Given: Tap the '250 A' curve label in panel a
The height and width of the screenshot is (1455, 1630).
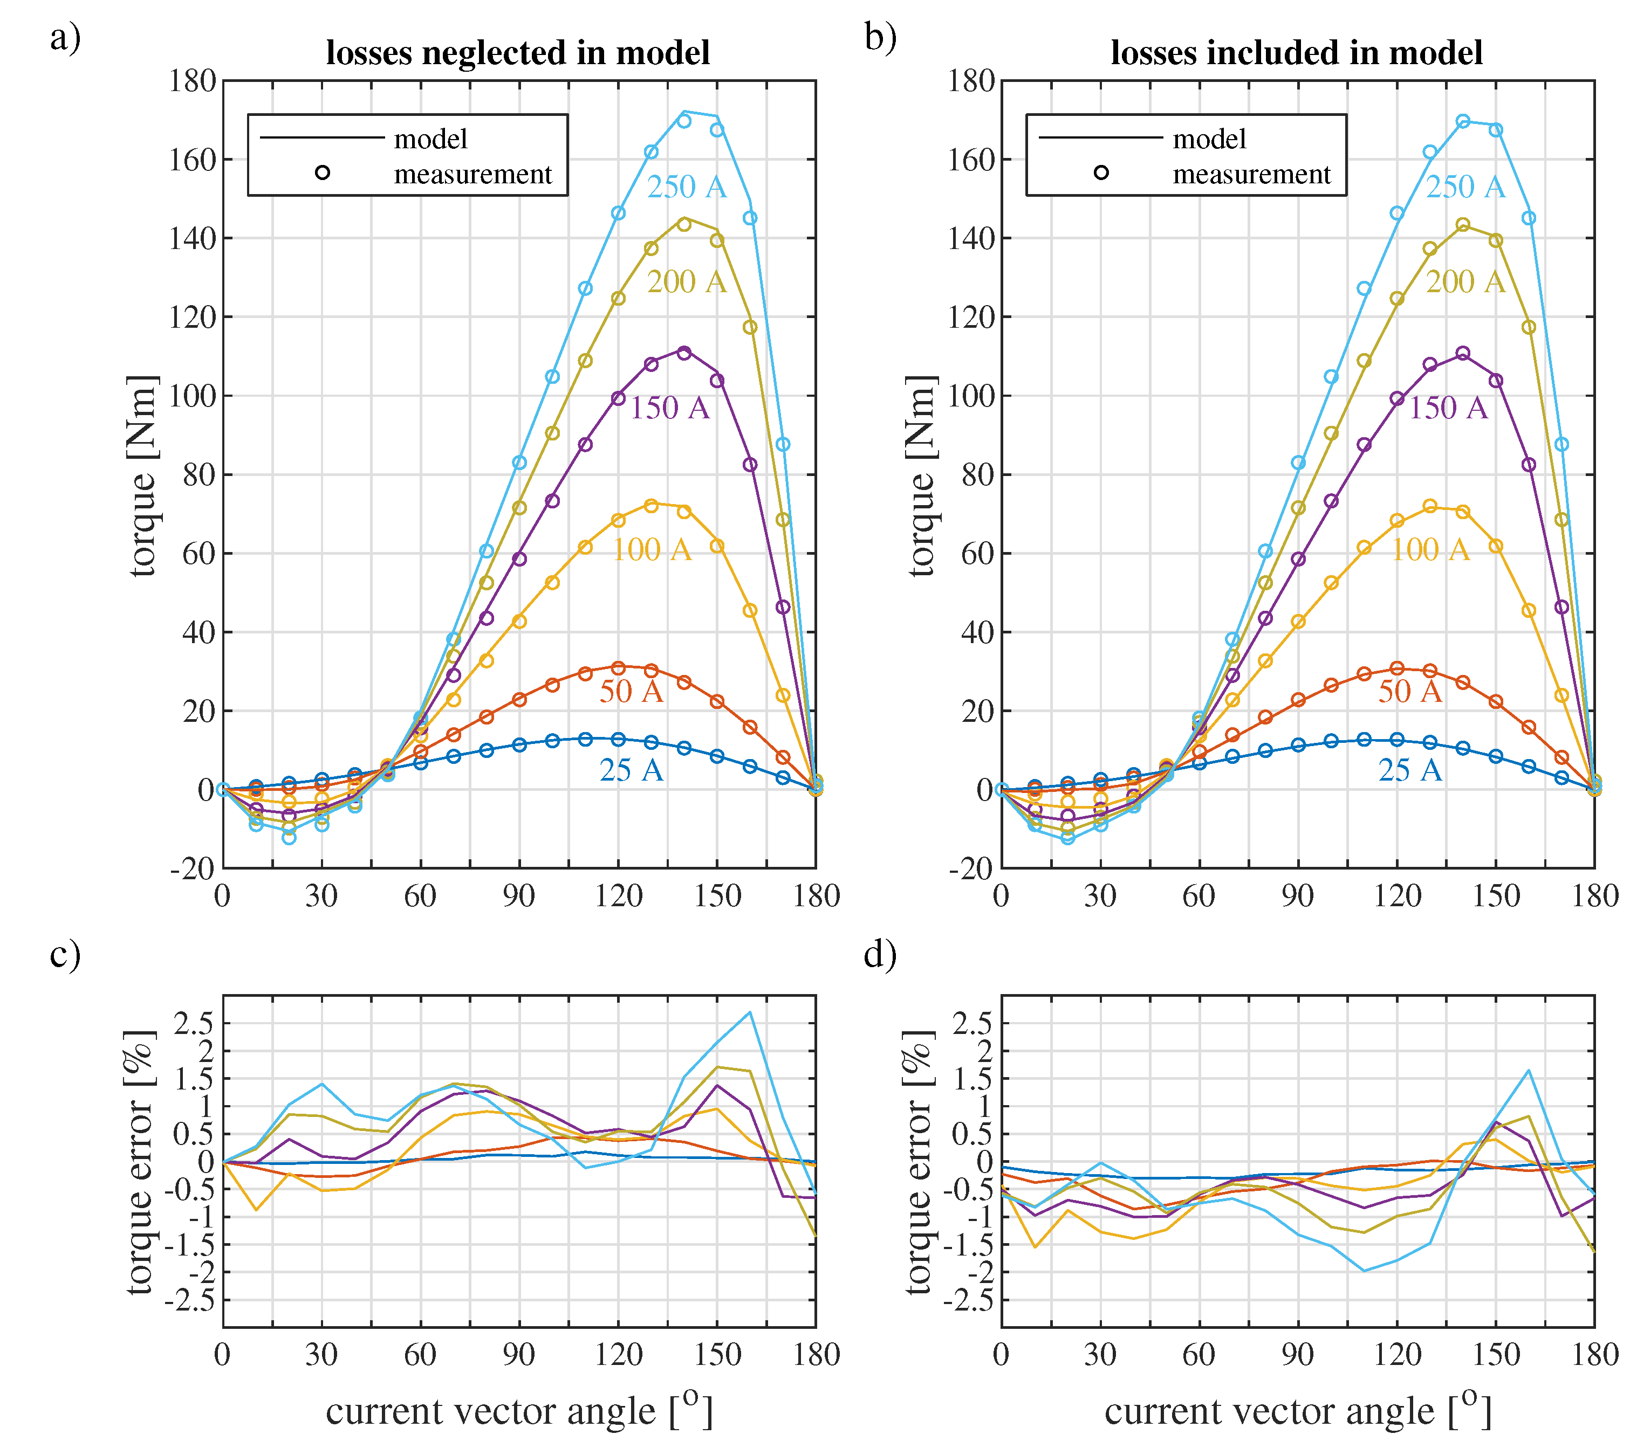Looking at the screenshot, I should [x=686, y=187].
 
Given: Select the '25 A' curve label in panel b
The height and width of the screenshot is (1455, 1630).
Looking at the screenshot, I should [x=1409, y=770].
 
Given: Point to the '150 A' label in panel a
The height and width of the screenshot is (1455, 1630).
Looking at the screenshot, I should [x=669, y=408].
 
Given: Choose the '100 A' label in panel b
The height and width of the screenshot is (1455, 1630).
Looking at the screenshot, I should [x=1430, y=550].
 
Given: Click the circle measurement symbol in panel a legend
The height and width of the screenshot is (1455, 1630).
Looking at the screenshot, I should [x=323, y=173].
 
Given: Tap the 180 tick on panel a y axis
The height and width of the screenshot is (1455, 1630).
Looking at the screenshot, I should [x=192, y=81].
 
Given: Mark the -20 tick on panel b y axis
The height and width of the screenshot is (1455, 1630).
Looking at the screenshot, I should [x=970, y=868].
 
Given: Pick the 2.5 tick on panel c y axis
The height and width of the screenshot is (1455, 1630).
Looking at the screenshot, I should [x=194, y=1023].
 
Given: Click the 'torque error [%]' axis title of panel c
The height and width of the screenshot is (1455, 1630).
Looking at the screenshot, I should [x=139, y=1162].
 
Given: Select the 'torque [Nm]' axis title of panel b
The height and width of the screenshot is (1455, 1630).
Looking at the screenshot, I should [x=921, y=475].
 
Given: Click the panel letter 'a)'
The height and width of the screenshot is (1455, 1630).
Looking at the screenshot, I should [x=66, y=38].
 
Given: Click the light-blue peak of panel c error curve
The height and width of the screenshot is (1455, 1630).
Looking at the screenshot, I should [x=749, y=1013].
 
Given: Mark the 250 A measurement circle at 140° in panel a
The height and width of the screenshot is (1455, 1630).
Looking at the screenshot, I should [x=684, y=121].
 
